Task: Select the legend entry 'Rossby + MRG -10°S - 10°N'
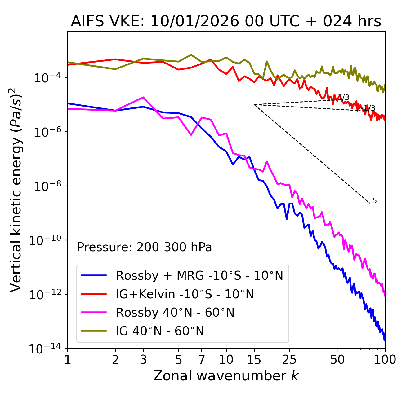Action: click(x=199, y=275)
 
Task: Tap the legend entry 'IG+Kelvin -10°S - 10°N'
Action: click(x=185, y=294)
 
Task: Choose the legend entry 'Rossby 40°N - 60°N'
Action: click(x=175, y=313)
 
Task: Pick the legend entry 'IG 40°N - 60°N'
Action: click(x=160, y=331)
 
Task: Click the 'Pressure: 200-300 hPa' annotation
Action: click(x=145, y=247)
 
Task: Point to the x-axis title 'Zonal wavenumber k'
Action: click(x=226, y=376)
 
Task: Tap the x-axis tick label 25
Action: click(x=289, y=360)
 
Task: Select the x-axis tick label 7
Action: click(x=202, y=360)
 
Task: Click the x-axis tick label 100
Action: click(x=385, y=360)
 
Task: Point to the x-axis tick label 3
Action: click(x=143, y=360)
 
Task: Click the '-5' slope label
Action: click(x=373, y=201)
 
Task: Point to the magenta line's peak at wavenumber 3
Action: click(x=143, y=97)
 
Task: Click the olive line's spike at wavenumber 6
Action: click(x=191, y=55)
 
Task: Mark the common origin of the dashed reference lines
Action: click(x=254, y=105)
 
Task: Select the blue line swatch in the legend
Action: click(x=94, y=275)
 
